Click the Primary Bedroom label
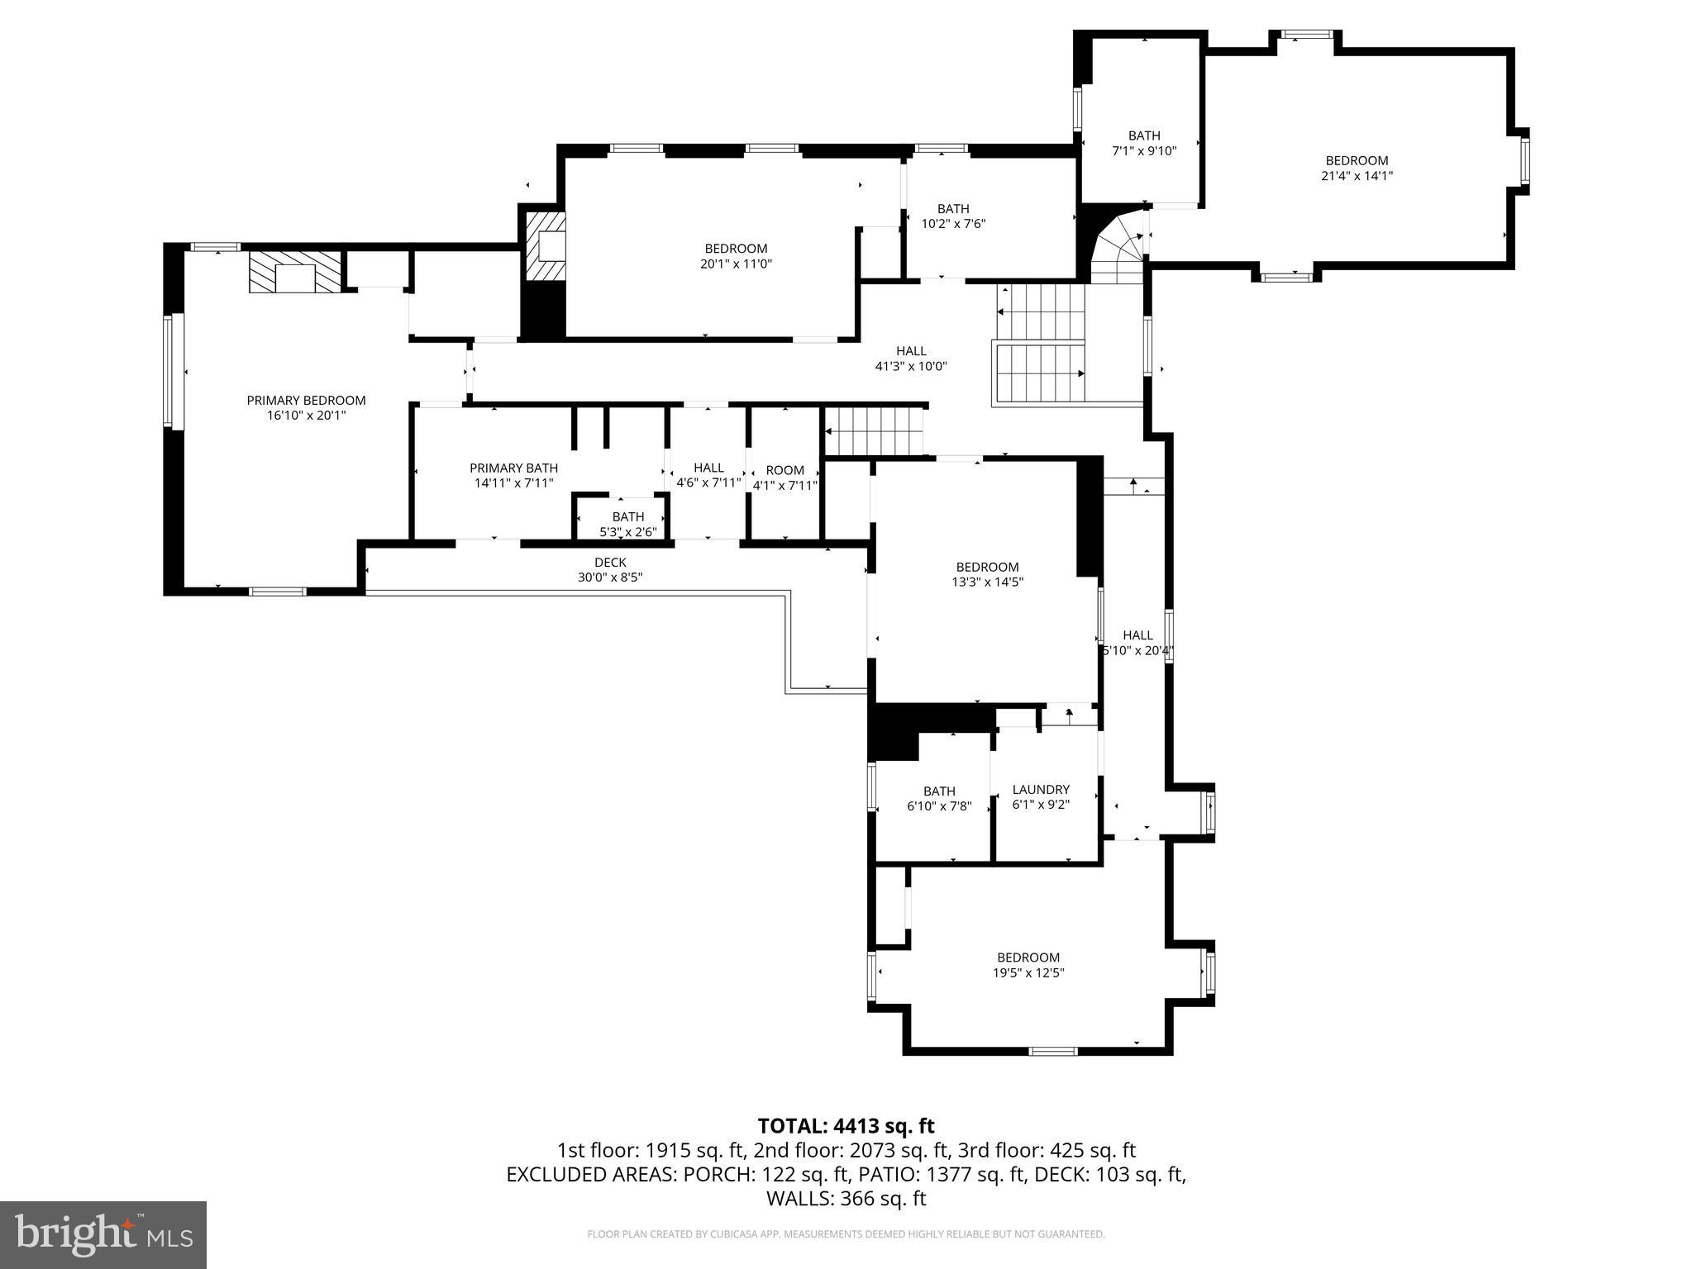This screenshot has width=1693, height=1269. [306, 401]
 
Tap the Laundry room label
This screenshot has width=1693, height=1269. [1041, 789]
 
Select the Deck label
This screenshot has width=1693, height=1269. [610, 563]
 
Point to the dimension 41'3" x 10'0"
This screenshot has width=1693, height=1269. [911, 366]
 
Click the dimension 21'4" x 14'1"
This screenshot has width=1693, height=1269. [1357, 176]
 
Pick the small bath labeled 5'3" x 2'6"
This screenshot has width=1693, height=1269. [628, 524]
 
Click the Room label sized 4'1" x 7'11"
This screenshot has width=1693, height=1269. [785, 470]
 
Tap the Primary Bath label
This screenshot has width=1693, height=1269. [513, 468]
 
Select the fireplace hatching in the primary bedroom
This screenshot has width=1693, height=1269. [295, 272]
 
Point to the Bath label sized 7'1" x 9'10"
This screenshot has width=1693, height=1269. [1144, 135]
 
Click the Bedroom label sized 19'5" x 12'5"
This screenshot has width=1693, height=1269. [1028, 958]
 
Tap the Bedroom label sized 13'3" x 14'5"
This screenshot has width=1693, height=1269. [987, 567]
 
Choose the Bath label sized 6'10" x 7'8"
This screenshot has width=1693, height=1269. [939, 791]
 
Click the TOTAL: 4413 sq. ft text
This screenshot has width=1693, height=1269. [846, 1126]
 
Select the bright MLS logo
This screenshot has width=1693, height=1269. [103, 1234]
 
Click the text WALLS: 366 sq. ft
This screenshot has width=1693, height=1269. [846, 1199]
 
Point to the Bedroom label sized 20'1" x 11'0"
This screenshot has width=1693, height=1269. [736, 249]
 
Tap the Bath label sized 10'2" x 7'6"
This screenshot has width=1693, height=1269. [953, 209]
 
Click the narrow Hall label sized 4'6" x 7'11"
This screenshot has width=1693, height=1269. [708, 468]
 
